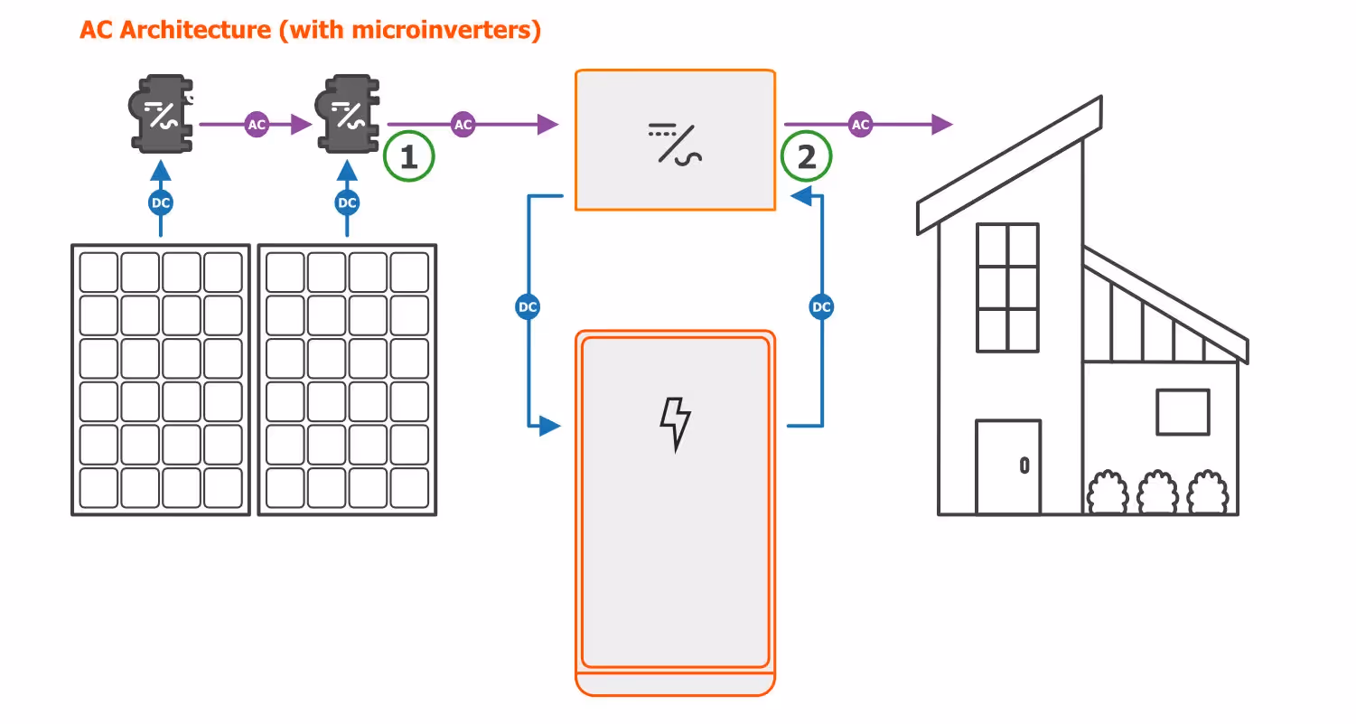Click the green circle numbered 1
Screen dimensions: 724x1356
tap(409, 158)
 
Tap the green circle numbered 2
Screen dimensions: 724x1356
tap(806, 158)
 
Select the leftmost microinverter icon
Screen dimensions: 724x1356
tap(162, 114)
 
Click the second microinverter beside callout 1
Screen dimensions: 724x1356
tap(348, 114)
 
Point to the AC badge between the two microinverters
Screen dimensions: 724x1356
tap(257, 125)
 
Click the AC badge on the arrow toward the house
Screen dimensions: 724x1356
tap(860, 125)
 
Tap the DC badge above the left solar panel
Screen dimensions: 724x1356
tap(161, 203)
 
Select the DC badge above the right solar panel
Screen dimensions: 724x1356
tap(347, 203)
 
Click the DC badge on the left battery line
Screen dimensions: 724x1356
tap(528, 307)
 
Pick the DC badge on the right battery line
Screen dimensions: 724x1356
tap(821, 307)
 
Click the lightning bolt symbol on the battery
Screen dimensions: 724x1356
tap(675, 423)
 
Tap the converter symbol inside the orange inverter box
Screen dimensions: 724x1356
tap(675, 142)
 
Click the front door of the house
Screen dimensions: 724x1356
tap(1008, 466)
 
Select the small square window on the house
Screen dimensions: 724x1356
tap(1183, 412)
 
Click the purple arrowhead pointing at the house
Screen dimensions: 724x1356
tap(942, 125)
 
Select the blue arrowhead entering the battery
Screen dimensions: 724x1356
tap(550, 425)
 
